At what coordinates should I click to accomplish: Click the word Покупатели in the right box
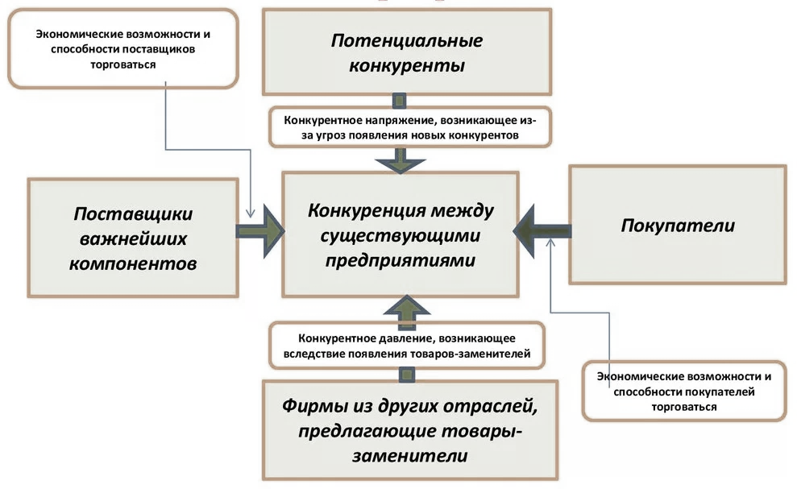click(x=678, y=225)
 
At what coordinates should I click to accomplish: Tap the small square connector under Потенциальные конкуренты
click(x=398, y=100)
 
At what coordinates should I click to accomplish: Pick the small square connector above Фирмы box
click(x=408, y=372)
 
